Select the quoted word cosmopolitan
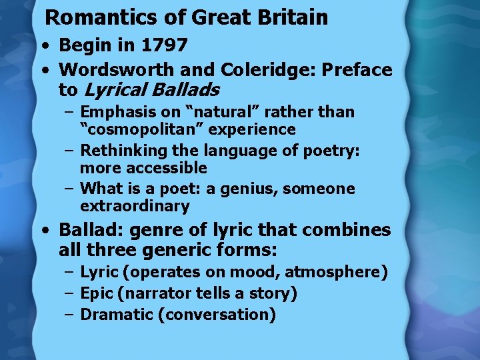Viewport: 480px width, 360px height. point(151,129)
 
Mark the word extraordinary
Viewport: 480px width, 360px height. point(135,206)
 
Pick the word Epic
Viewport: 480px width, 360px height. point(96,293)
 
